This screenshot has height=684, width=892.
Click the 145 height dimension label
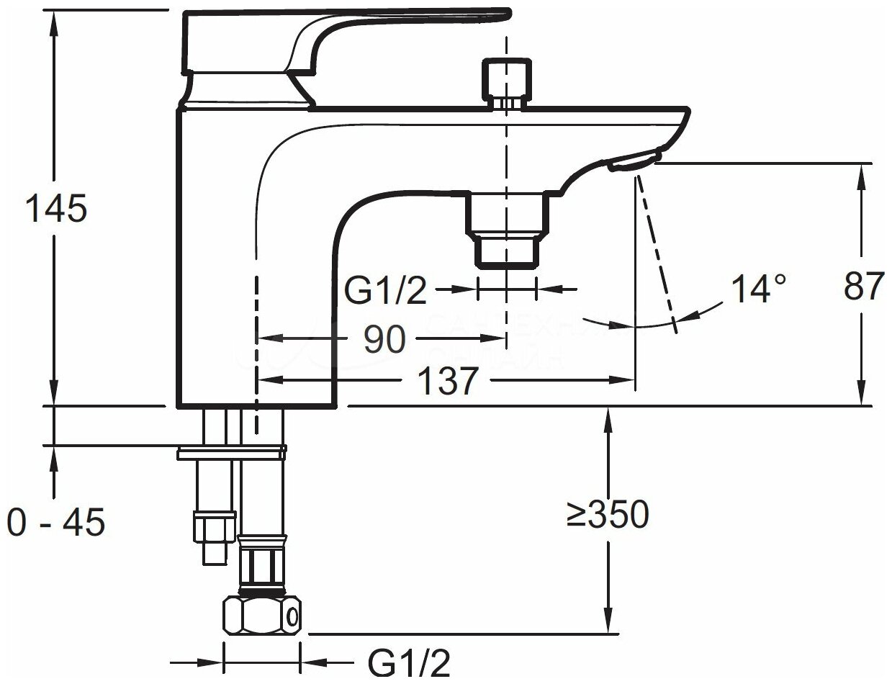(x=55, y=209)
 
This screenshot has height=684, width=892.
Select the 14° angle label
(x=758, y=289)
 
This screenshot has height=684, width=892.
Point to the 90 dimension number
(x=384, y=338)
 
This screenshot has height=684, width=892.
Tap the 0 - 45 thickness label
(x=55, y=521)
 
